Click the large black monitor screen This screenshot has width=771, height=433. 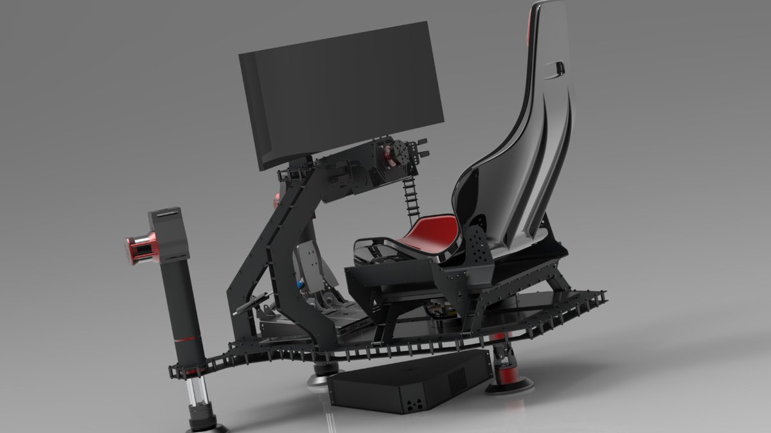tap(341, 90)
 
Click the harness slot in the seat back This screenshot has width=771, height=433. tap(556, 66)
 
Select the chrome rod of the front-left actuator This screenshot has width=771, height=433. tap(195, 398)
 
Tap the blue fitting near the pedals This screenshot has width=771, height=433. tap(299, 283)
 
